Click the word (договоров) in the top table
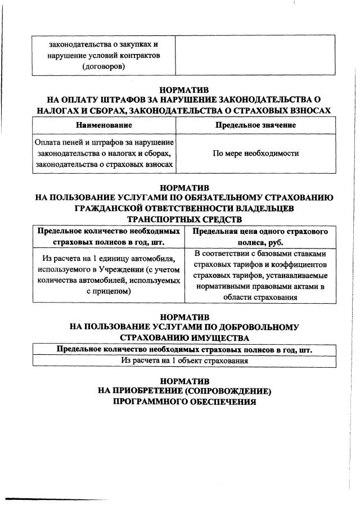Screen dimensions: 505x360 tap(103, 67)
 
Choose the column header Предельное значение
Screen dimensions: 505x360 tap(255, 125)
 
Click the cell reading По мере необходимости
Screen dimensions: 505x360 tap(255, 153)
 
